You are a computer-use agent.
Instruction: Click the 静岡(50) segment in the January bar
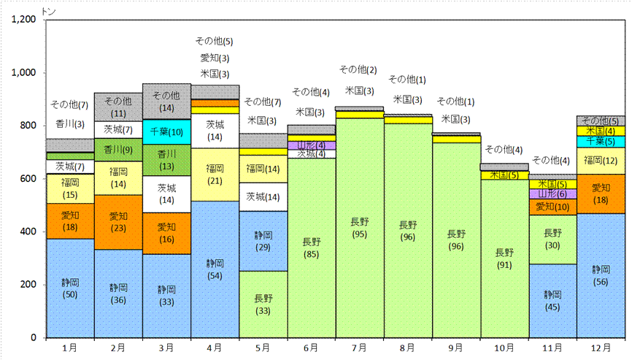70,288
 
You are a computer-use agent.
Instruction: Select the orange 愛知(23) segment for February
118,223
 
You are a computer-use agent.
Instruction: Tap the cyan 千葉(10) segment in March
167,132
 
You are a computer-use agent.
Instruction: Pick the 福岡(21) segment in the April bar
215,175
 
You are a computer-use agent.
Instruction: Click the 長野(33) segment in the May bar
263,305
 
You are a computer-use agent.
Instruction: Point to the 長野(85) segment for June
312,248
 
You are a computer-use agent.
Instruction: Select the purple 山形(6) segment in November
552,194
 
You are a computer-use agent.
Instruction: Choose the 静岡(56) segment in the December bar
601,276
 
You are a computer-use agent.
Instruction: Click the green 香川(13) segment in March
167,160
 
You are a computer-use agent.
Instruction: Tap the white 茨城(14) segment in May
263,197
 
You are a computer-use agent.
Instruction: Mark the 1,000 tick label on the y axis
24,72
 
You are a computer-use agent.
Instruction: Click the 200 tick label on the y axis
28,285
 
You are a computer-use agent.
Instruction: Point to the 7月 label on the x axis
360,348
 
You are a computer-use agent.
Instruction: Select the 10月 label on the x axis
504,348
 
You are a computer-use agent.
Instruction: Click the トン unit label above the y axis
48,12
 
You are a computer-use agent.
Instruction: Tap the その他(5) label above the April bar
215,41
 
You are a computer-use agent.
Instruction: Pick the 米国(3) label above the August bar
407,99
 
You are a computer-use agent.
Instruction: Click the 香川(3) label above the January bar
70,123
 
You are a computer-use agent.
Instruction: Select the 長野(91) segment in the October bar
504,258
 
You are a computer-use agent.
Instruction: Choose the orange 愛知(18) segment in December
601,194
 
